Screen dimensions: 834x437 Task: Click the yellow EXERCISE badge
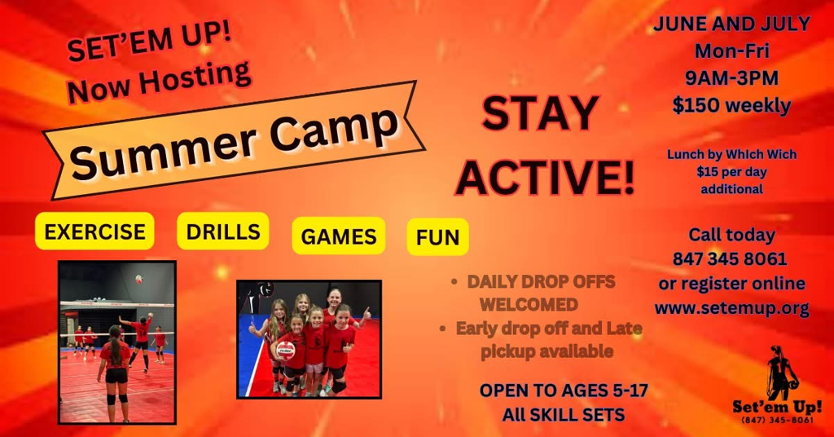tap(94, 231)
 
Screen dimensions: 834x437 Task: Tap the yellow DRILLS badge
tap(223, 231)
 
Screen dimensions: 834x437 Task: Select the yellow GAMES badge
tap(339, 236)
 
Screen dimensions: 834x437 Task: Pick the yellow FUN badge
tap(437, 237)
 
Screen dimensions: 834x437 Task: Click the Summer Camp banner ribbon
tap(234, 140)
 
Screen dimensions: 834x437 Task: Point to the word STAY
tap(541, 113)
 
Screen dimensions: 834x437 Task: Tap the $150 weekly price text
tap(731, 105)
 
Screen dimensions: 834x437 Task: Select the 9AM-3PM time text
tap(731, 78)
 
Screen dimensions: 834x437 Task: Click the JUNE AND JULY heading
tap(731, 24)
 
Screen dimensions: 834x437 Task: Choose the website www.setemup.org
tap(732, 308)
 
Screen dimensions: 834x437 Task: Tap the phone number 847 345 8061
tap(730, 258)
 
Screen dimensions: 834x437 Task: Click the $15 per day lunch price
tap(731, 172)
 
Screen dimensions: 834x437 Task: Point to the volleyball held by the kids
tap(286, 351)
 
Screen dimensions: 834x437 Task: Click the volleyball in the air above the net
tap(139, 279)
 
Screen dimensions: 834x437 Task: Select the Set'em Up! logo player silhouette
tap(781, 373)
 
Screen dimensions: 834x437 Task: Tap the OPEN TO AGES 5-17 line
tap(564, 391)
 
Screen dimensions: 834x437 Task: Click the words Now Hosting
tap(159, 81)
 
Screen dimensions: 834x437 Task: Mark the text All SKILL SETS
tap(564, 415)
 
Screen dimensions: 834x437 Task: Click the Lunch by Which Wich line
tap(732, 154)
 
